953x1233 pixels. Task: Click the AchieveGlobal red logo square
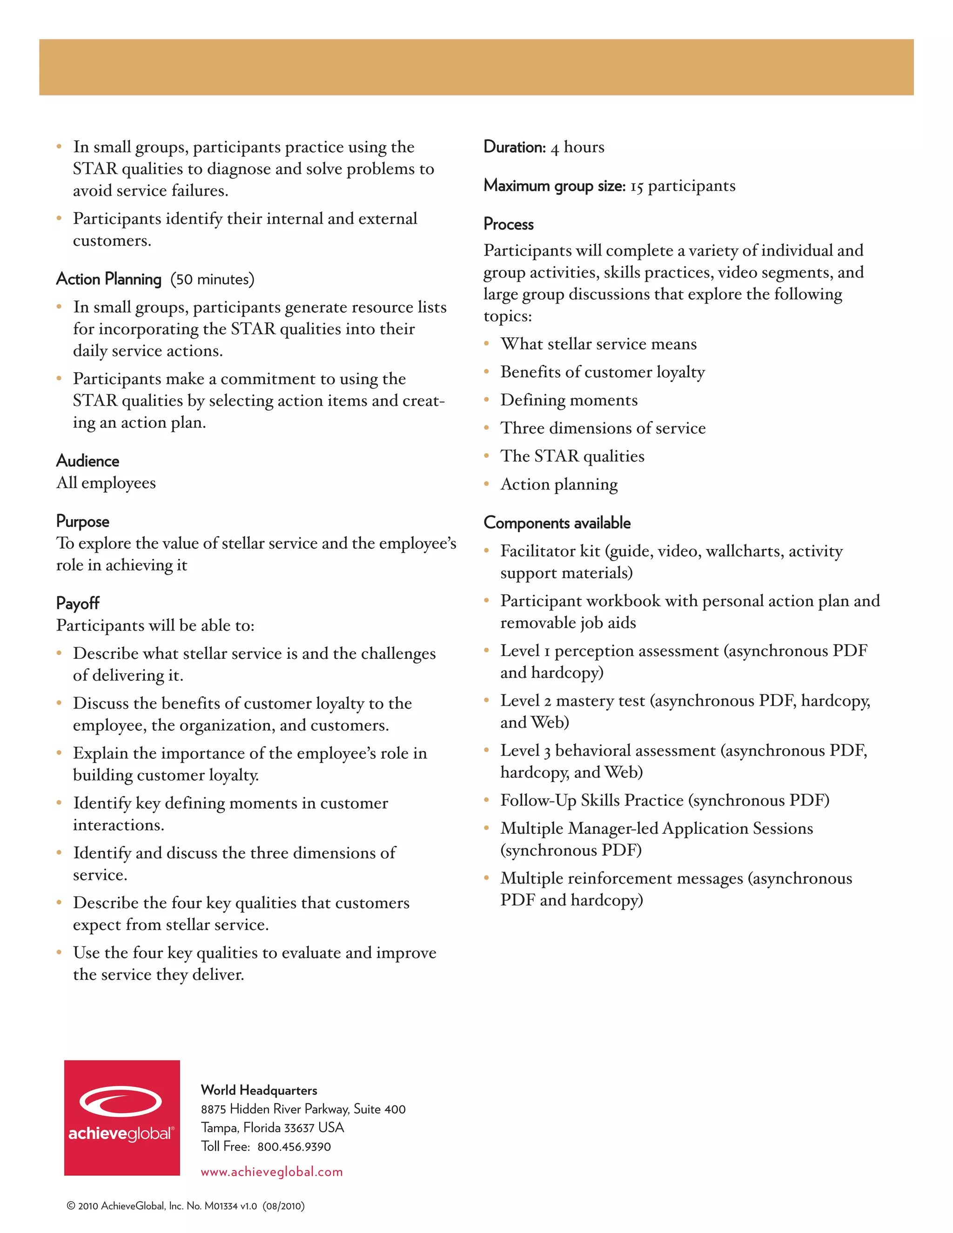pyautogui.click(x=122, y=1117)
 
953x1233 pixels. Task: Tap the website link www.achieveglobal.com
pyautogui.click(x=272, y=1172)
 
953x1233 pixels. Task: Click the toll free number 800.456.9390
pyautogui.click(x=294, y=1146)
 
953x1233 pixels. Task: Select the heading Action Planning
pyautogui.click(x=109, y=279)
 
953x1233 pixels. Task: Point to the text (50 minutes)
pyautogui.click(x=212, y=280)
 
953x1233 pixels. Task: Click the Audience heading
pyautogui.click(x=87, y=461)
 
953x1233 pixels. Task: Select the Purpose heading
pyautogui.click(x=82, y=521)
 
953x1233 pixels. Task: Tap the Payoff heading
pyautogui.click(x=78, y=603)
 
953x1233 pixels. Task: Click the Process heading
pyautogui.click(x=508, y=224)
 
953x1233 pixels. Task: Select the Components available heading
pyautogui.click(x=557, y=523)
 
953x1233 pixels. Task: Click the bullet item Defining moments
pyautogui.click(x=569, y=400)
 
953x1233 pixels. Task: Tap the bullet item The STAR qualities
pyautogui.click(x=572, y=456)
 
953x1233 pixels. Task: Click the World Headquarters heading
pyautogui.click(x=259, y=1090)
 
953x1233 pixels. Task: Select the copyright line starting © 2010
pyautogui.click(x=185, y=1206)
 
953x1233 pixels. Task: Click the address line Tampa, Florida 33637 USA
pyautogui.click(x=272, y=1127)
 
